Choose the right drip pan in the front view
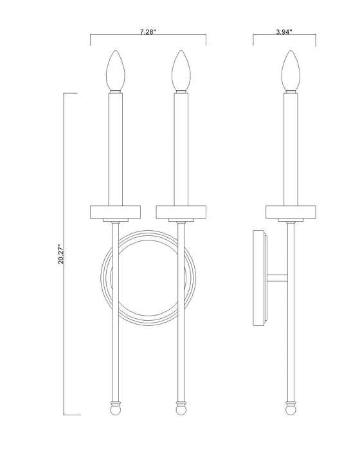(x=181, y=211)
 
